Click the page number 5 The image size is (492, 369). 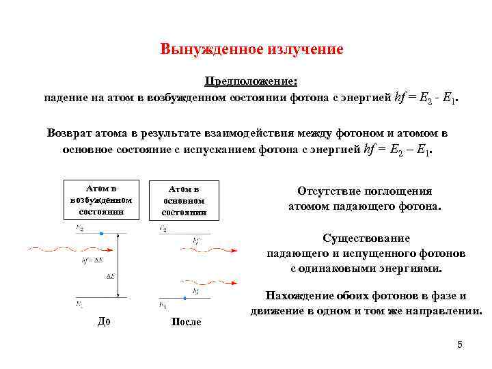tap(460, 344)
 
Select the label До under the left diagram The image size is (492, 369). tap(104, 321)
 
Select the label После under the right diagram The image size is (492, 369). tap(185, 322)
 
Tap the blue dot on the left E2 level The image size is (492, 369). tap(101, 234)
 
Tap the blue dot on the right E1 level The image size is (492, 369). tap(184, 297)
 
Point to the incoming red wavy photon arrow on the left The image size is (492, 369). tap(55, 249)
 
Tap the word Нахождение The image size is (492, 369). tap(299, 296)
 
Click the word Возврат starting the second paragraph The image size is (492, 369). tap(69, 133)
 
